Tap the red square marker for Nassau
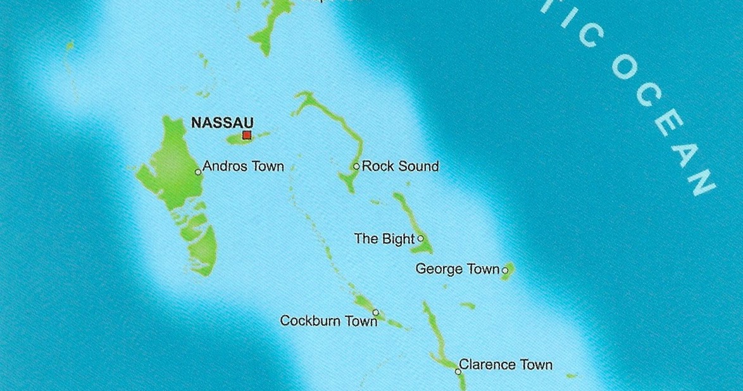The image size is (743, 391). click(247, 135)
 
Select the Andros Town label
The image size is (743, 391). click(243, 167)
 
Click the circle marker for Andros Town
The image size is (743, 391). click(198, 172)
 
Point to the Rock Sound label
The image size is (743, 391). click(400, 167)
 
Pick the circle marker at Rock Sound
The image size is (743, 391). click(356, 167)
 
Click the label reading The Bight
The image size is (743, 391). click(384, 239)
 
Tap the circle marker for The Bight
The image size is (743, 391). click(421, 239)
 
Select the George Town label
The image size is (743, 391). click(457, 269)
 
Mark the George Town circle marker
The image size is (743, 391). click(505, 271)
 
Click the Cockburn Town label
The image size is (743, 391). click(328, 321)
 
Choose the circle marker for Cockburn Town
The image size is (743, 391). click(375, 312)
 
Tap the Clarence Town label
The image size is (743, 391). click(505, 365)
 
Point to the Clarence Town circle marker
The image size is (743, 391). click(458, 371)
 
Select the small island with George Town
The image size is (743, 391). click(509, 269)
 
